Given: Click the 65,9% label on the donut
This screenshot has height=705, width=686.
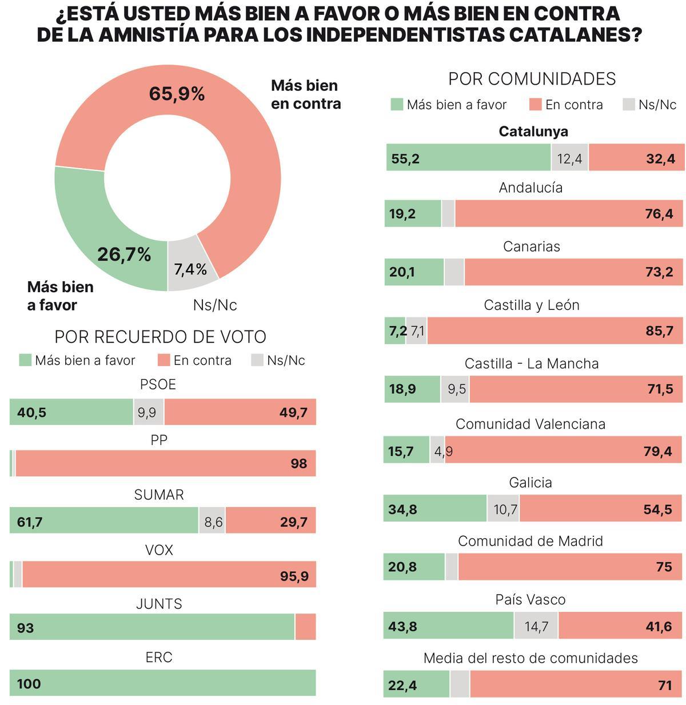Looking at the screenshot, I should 177,94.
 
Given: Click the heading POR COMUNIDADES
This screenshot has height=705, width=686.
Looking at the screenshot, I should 532,79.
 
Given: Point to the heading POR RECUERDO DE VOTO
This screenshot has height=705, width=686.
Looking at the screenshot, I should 160,337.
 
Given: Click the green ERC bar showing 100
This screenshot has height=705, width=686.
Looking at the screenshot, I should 162,683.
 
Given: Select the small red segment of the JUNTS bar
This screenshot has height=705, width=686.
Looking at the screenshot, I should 306,627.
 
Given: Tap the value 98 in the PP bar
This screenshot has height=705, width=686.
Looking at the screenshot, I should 298,464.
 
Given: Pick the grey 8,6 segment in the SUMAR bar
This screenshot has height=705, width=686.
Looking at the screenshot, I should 213,522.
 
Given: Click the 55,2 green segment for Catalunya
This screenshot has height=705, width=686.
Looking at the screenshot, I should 468,158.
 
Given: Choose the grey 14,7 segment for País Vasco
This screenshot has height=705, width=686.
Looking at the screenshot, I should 536,626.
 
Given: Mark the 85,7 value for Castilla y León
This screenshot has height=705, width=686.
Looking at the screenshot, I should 659,331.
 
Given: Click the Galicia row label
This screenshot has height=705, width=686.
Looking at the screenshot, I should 531,483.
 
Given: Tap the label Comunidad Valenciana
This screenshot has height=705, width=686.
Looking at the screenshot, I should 531,424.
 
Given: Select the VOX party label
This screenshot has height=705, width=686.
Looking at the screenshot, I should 159,550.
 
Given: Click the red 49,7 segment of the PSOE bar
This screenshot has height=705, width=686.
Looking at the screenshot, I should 240,412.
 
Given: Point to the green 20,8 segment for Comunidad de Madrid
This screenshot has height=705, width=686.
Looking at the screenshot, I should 414,567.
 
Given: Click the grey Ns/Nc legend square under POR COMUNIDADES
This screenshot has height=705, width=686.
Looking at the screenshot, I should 629,105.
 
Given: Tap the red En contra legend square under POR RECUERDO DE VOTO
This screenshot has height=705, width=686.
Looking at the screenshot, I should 164,360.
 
